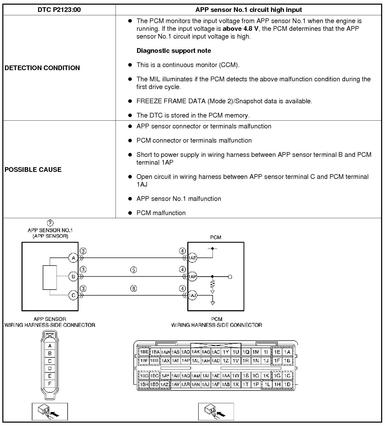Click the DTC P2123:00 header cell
point(59,10)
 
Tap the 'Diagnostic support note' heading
point(174,51)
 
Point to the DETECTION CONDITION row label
point(42,68)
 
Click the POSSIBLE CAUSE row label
point(33,170)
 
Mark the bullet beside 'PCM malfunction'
point(130,213)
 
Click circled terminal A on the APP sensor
point(73,258)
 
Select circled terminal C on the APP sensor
point(73,295)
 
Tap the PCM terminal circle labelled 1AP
point(192,277)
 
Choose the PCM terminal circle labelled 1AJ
point(192,295)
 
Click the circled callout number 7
point(50,223)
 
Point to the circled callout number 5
point(133,270)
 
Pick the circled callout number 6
point(133,289)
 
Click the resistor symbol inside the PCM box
point(212,284)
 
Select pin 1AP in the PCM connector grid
point(186,360)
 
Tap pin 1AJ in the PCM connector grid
point(205,384)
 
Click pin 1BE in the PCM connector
point(144,352)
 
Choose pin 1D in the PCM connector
point(287,384)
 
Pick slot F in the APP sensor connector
point(50,384)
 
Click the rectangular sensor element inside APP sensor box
point(50,277)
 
